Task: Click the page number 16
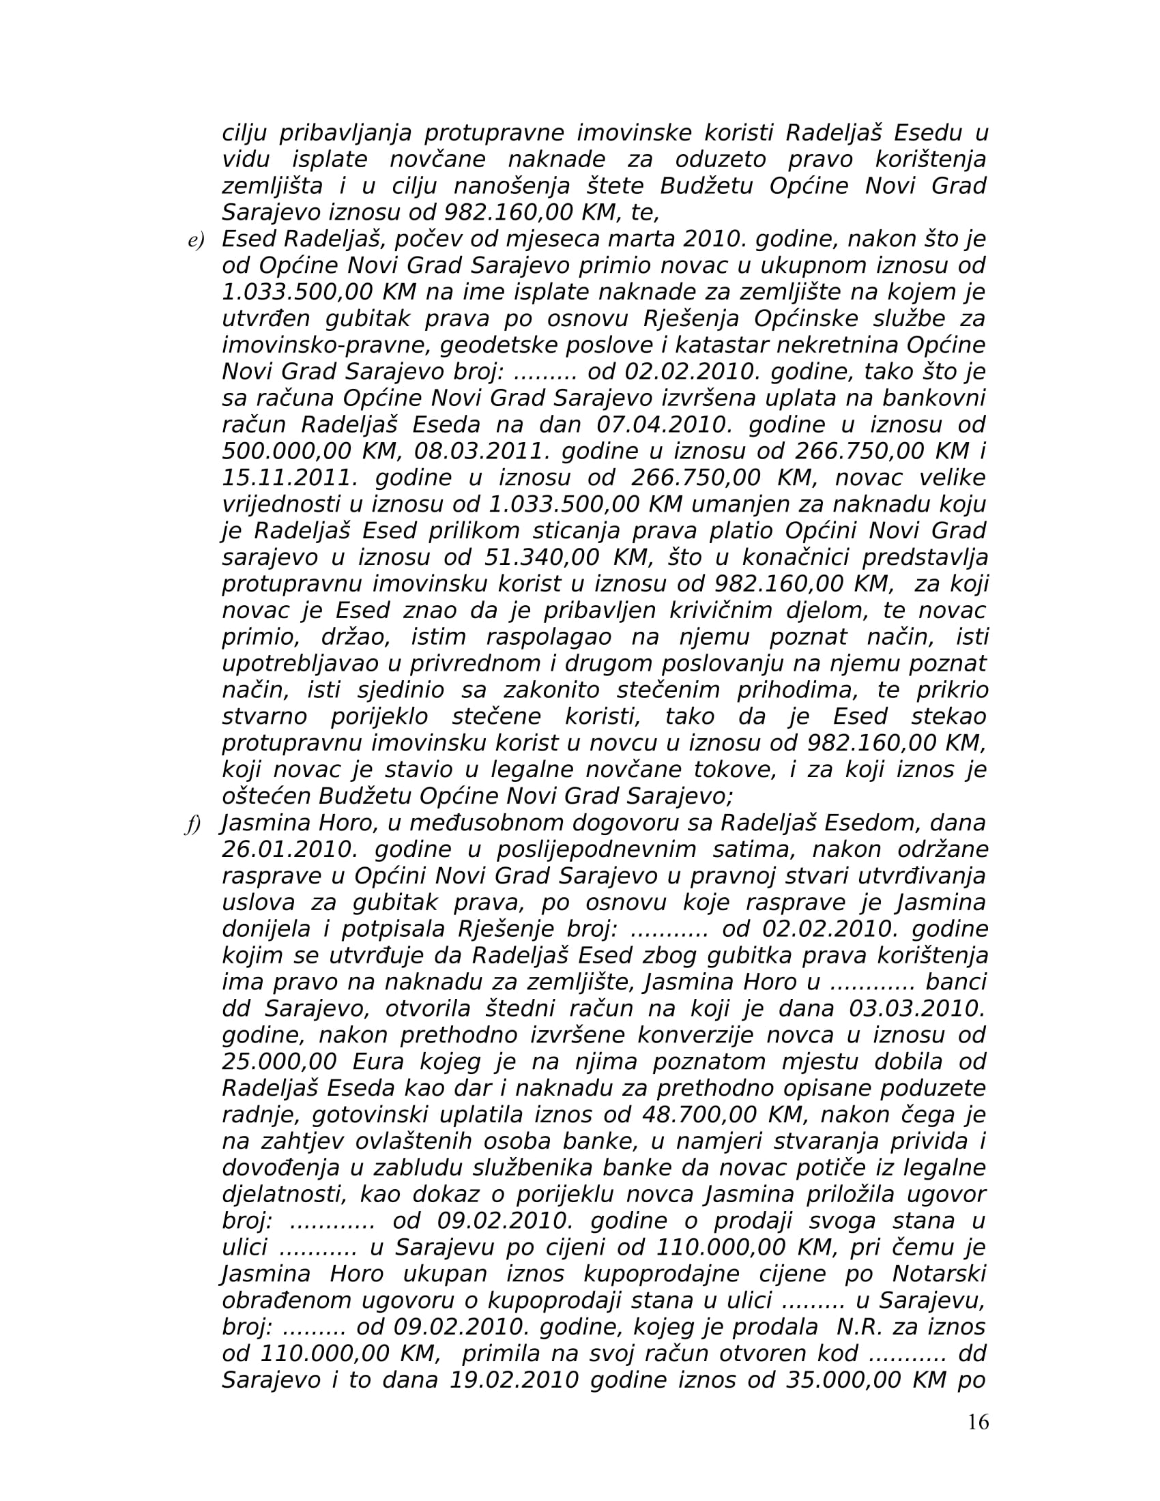click(x=977, y=1421)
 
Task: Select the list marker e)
click(x=196, y=241)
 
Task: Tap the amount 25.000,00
click(x=279, y=1062)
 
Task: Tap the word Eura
click(x=381, y=1062)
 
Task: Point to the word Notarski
click(x=939, y=1274)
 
